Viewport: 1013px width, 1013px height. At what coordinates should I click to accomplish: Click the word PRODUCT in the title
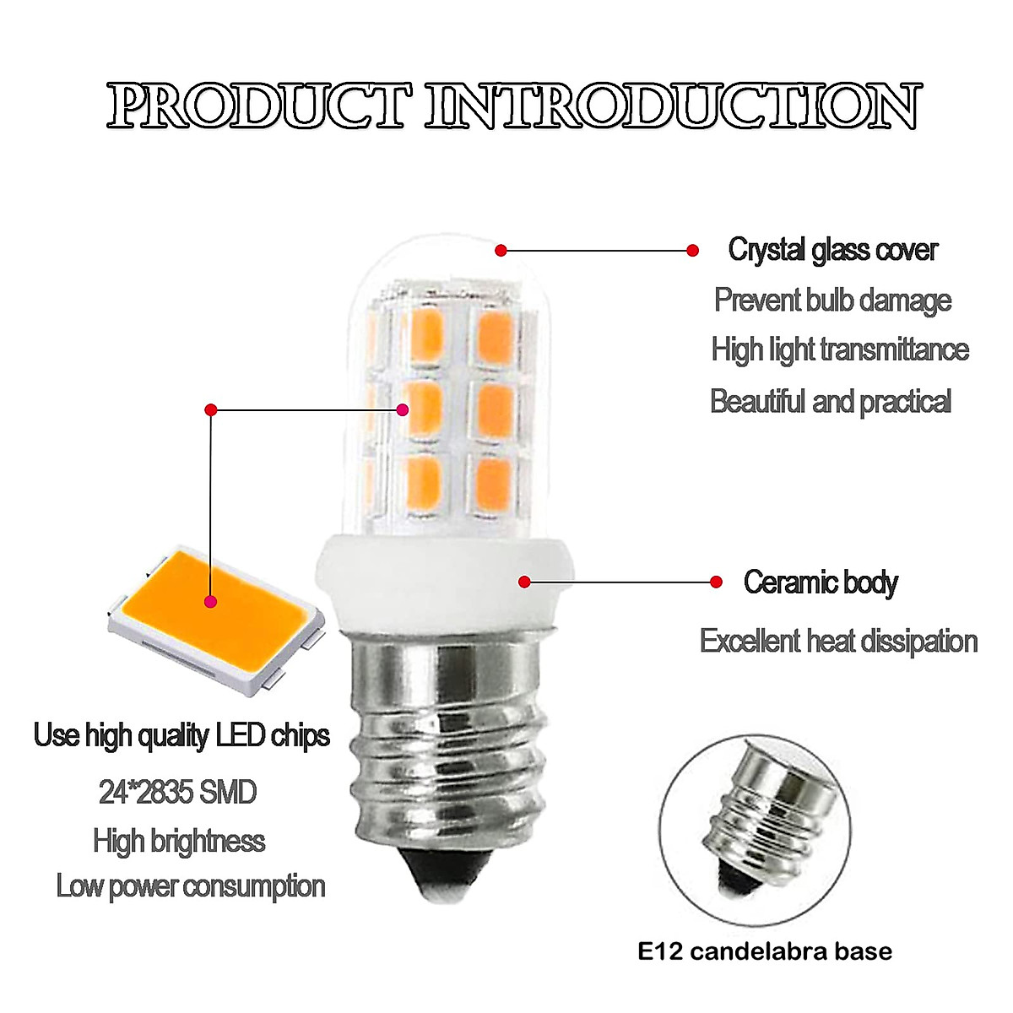click(x=260, y=107)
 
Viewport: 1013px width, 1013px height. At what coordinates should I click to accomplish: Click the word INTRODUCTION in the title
click(x=672, y=107)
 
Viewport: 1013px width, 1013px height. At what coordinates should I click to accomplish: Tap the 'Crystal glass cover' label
click(x=832, y=250)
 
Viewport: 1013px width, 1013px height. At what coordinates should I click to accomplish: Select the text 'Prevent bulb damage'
click(x=832, y=300)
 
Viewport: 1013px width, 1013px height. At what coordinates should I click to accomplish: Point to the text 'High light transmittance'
click(x=840, y=349)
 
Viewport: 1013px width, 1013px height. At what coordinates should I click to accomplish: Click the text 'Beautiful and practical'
click(x=831, y=401)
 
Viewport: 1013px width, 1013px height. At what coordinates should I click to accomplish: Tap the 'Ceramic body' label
click(x=821, y=582)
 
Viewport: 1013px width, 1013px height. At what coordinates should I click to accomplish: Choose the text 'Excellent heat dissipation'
click(x=838, y=642)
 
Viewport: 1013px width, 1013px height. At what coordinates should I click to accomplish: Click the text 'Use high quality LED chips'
click(x=181, y=735)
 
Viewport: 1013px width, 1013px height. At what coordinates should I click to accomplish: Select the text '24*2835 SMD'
click(x=177, y=792)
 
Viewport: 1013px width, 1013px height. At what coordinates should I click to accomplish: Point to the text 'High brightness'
click(x=179, y=841)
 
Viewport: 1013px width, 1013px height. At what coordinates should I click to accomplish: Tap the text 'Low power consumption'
click(x=191, y=886)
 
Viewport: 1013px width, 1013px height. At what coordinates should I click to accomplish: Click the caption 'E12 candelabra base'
click(x=765, y=952)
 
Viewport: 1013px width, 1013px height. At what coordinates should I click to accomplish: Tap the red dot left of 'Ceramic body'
click(x=717, y=582)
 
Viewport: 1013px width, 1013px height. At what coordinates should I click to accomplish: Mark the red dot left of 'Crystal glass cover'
click(x=693, y=250)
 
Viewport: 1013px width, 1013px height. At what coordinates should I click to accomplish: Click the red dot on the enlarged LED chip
click(x=210, y=602)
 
